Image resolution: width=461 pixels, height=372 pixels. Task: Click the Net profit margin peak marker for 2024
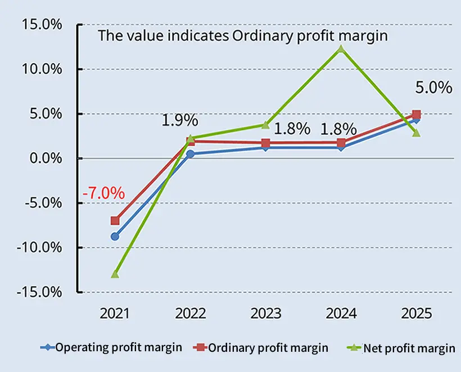click(x=341, y=49)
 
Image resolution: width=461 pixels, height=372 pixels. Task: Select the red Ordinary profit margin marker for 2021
click(x=115, y=221)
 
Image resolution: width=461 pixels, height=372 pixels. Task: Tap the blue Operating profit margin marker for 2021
click(x=115, y=237)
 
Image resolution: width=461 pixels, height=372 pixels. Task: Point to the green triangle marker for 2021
click(x=115, y=274)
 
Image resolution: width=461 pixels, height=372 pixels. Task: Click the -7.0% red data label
click(x=103, y=193)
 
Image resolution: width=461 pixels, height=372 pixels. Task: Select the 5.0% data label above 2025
click(x=433, y=88)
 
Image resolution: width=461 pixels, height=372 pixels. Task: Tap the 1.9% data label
click(x=179, y=120)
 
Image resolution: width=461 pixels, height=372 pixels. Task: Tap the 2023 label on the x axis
click(x=265, y=313)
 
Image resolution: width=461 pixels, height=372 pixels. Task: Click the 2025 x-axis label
click(x=416, y=313)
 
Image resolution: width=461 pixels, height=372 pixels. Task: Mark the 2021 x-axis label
click(x=115, y=313)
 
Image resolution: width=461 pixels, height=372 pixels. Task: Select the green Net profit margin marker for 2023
click(x=265, y=125)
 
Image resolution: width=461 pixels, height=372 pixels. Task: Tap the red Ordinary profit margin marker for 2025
click(x=416, y=114)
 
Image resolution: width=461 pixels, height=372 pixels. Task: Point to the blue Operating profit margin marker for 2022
click(x=190, y=153)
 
